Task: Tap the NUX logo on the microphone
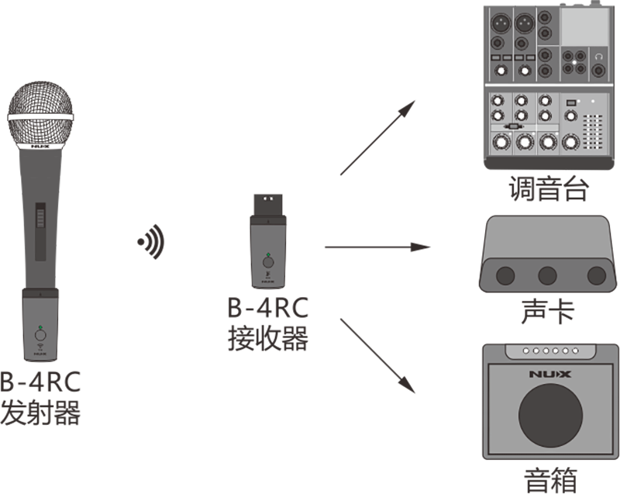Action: click(x=40, y=145)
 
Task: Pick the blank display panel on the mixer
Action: click(x=584, y=26)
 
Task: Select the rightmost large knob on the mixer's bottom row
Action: click(x=572, y=141)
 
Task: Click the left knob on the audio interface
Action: click(x=505, y=275)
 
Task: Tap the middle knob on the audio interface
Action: click(x=548, y=275)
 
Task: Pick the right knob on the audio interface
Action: click(x=596, y=275)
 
